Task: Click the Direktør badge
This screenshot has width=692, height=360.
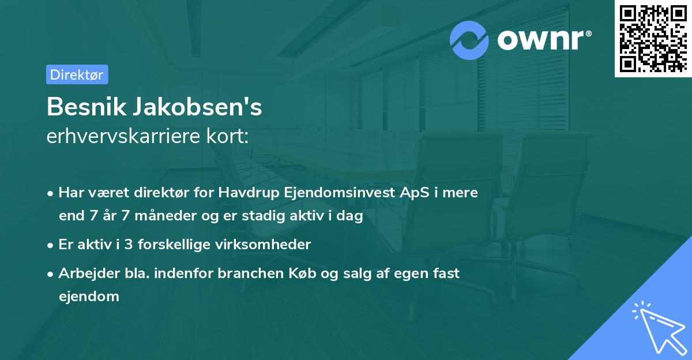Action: tap(77, 74)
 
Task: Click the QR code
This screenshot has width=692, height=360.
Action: tap(652, 38)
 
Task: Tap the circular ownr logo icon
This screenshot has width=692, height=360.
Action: tap(469, 40)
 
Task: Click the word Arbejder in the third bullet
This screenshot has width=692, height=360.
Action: tap(84, 273)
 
